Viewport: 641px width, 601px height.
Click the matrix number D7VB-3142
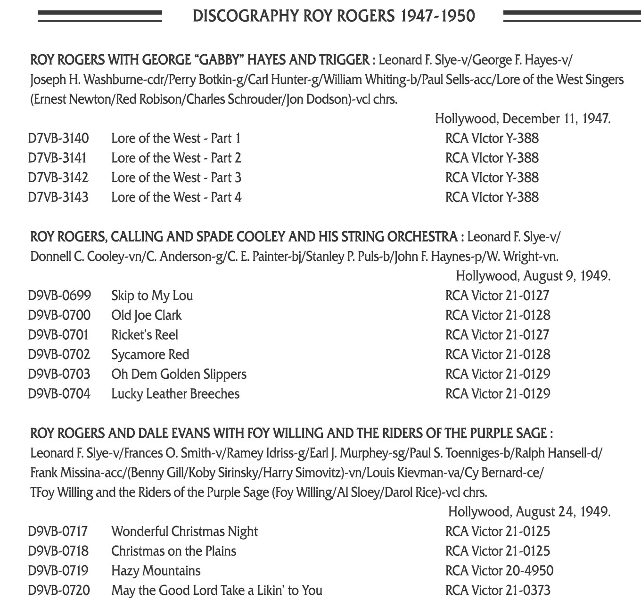coord(58,178)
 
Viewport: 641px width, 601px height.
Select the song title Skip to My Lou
coord(152,296)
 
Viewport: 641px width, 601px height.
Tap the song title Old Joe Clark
coord(146,316)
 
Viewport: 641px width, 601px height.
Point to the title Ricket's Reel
coord(144,335)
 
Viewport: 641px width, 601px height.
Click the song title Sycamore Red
coord(150,355)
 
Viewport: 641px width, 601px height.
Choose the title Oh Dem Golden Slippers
coord(179,375)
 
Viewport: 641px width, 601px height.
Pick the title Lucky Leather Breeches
coord(175,394)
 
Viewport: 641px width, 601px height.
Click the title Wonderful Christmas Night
coord(184,532)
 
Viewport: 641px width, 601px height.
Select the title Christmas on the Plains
coord(173,551)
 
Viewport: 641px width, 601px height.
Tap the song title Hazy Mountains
coord(156,571)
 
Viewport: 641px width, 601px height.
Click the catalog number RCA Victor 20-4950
coord(499,571)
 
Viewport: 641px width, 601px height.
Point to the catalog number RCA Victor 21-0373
coord(497,591)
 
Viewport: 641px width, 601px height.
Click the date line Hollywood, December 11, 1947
coord(522,119)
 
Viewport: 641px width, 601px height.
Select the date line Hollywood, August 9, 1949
coord(533,276)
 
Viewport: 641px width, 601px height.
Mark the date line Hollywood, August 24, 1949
coord(529,512)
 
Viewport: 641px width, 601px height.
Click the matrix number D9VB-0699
coord(59,296)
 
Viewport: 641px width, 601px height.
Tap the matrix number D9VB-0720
coord(59,591)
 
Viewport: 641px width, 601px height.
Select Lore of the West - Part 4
coord(176,198)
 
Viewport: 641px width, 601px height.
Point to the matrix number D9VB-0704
coord(59,394)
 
